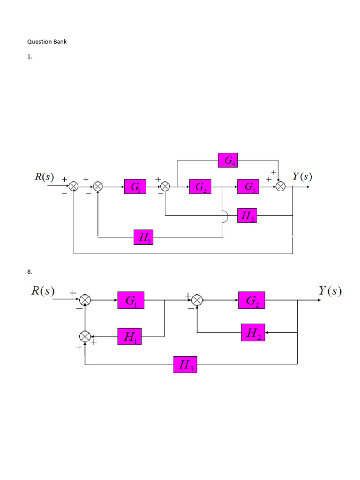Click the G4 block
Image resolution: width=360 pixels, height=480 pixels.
point(228,160)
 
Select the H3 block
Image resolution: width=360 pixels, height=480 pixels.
point(186,364)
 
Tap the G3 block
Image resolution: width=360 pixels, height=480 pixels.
point(248,187)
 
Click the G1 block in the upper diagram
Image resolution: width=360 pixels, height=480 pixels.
point(135,187)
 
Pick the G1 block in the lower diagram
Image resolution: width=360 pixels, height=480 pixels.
point(131,300)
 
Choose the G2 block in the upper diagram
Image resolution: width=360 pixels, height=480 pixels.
point(200,187)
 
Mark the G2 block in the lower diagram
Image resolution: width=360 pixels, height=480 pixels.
point(252,300)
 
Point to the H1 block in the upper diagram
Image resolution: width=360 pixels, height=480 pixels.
point(143,237)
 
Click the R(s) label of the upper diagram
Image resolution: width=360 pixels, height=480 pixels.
point(44,178)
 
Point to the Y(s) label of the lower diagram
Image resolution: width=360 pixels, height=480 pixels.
point(330,291)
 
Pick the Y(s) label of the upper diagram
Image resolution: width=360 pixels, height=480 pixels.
point(302,177)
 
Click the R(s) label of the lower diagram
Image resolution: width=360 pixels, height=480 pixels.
point(43,291)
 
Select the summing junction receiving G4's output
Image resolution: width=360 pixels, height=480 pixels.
point(280,187)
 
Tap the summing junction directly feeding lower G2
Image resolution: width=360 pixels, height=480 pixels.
point(197,300)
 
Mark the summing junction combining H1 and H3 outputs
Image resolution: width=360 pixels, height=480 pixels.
point(85,337)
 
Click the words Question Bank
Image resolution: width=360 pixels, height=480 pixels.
point(47,42)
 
